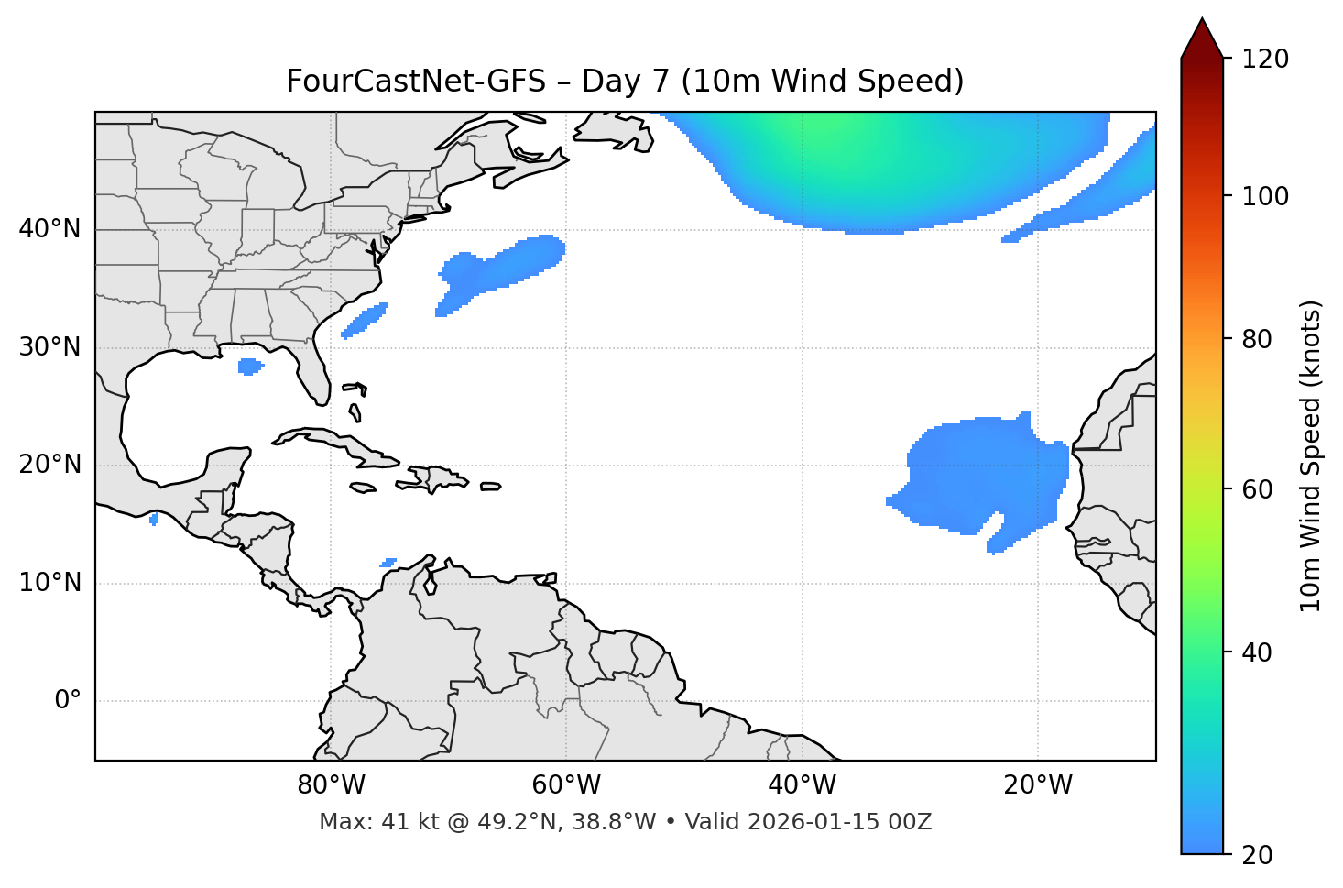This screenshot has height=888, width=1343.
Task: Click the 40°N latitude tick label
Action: click(49, 229)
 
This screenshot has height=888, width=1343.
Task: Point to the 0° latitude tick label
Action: click(68, 701)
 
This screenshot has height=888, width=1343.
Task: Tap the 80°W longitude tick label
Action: click(331, 785)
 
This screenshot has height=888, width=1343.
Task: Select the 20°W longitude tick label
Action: click(1038, 785)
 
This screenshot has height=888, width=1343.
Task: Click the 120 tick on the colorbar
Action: click(1265, 60)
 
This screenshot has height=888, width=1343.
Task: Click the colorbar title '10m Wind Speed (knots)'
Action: click(1311, 455)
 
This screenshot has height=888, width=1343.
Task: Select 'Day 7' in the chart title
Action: click(625, 82)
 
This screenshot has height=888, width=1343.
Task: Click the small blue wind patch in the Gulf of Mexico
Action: click(249, 367)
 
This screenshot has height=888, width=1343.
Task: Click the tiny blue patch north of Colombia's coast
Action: click(388, 563)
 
